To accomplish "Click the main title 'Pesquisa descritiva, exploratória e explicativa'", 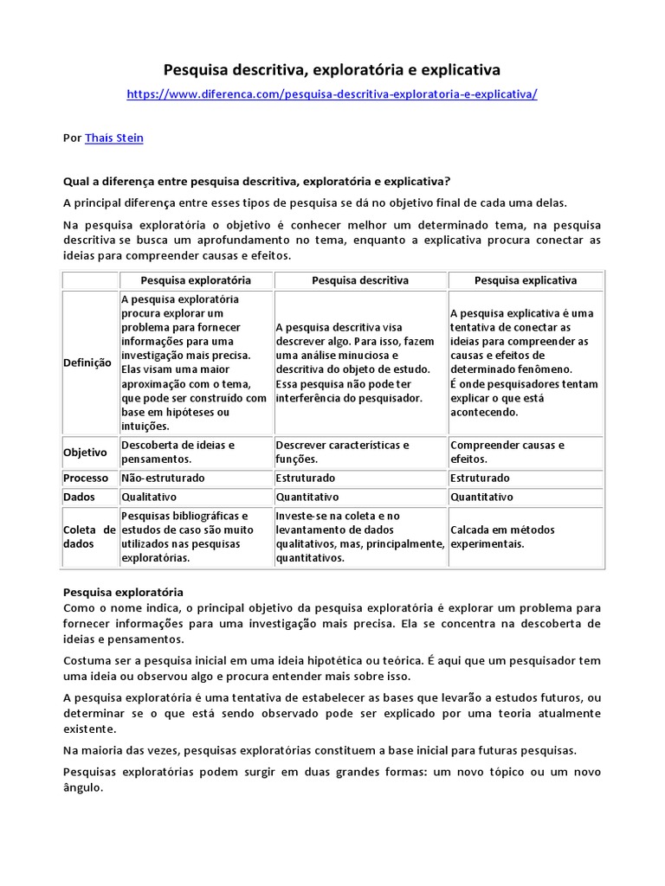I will [332, 69].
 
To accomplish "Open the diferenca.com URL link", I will [332, 93].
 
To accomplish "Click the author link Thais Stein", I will [114, 138].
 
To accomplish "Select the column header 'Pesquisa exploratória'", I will [196, 280].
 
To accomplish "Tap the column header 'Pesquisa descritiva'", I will [360, 280].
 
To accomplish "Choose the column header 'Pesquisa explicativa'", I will [526, 280].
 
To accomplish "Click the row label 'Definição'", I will [87, 363].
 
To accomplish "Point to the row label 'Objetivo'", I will [85, 453].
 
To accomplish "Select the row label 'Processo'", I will [86, 478].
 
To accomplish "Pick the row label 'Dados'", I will [79, 497].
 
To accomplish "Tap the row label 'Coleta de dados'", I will [89, 536].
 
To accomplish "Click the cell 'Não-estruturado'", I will [156, 478].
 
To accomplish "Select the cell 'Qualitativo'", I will [149, 497].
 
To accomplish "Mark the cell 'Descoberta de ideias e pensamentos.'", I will [178, 452].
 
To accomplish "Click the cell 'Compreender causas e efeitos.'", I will [507, 452].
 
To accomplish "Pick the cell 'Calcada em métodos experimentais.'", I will [502, 536].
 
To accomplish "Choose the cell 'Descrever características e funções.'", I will [342, 452].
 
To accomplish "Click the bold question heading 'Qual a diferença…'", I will [257, 181].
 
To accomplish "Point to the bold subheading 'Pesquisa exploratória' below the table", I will [123, 592].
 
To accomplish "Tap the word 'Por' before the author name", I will [73, 138].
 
